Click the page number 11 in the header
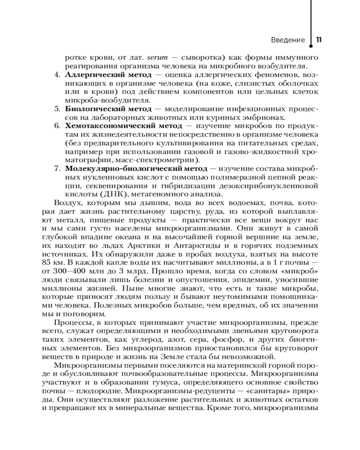pyautogui.click(x=319, y=40)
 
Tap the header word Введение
pyautogui.click(x=288, y=40)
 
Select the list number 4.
pyautogui.click(x=57, y=74)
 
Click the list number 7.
pyautogui.click(x=57, y=168)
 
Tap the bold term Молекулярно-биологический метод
pyautogui.click(x=136, y=168)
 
